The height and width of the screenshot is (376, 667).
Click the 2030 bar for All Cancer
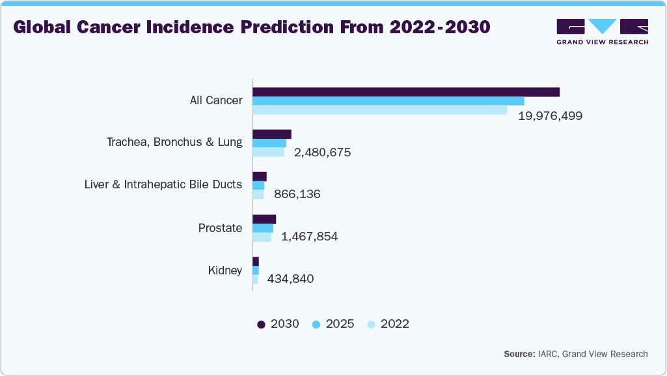click(406, 92)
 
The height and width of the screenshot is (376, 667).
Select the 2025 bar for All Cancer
click(388, 101)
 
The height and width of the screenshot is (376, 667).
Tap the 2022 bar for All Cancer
click(380, 110)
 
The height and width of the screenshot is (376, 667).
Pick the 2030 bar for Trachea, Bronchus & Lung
click(272, 134)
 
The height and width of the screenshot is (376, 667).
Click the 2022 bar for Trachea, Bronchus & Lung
click(268, 152)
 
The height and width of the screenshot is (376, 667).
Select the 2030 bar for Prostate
click(264, 219)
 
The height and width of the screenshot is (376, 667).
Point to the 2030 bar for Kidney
click(256, 261)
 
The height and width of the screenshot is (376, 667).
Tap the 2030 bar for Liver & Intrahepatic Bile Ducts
click(260, 177)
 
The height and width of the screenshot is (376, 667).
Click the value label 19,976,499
click(550, 116)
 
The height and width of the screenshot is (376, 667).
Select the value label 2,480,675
click(322, 152)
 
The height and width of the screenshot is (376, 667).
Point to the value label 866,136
click(297, 194)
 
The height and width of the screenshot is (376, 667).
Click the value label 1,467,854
click(309, 237)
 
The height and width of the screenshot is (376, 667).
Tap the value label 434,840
click(290, 279)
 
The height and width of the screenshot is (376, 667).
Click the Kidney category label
click(225, 270)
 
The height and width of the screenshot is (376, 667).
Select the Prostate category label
click(220, 228)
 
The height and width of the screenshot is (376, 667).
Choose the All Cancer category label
click(216, 100)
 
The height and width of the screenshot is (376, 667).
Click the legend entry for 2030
click(278, 324)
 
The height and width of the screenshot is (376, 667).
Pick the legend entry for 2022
click(388, 324)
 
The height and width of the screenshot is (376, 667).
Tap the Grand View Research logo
click(602, 31)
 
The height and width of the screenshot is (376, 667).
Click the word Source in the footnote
click(518, 354)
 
